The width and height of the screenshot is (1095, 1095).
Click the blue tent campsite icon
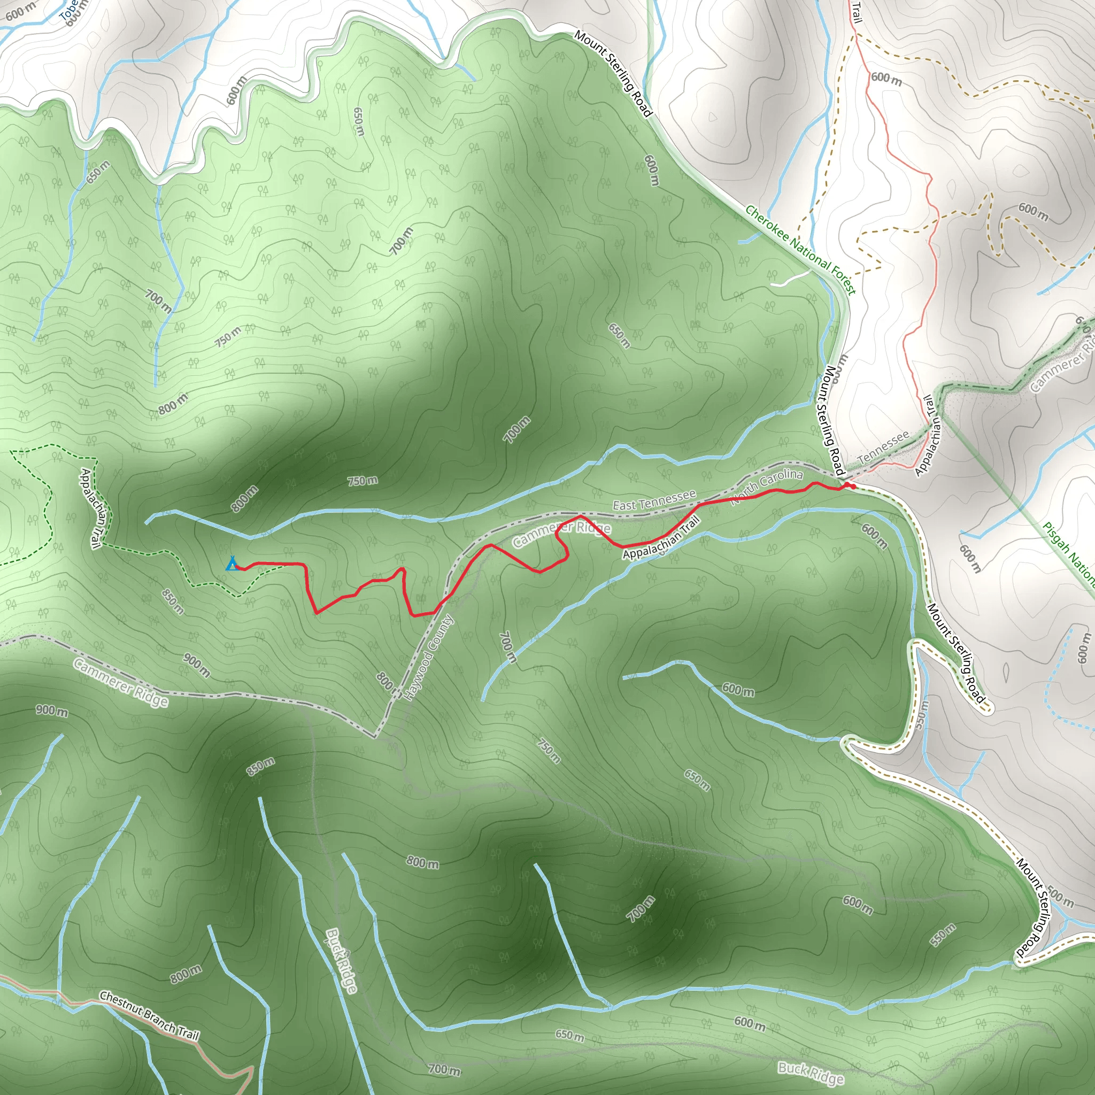pyautogui.click(x=231, y=564)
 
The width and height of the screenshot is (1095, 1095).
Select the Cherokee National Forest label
pyautogui.click(x=800, y=249)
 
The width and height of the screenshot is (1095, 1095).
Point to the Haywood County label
pyautogui.click(x=430, y=658)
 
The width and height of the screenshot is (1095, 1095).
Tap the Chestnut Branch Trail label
pyautogui.click(x=150, y=1016)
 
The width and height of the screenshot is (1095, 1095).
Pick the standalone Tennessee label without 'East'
pyautogui.click(x=883, y=448)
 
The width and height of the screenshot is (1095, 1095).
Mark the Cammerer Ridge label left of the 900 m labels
pyautogui.click(x=121, y=683)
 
